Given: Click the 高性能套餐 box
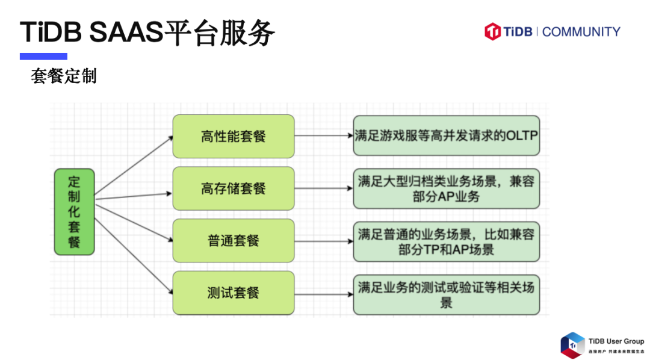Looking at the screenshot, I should click(x=234, y=137).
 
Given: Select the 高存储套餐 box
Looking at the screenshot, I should click(x=234, y=188).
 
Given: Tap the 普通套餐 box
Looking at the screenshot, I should click(x=234, y=241).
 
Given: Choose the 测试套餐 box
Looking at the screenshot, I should click(x=234, y=293).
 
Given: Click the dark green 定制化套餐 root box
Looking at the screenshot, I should click(x=74, y=212).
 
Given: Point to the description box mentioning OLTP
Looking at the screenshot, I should click(x=446, y=136).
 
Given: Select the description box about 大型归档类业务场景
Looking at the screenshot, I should click(x=446, y=188).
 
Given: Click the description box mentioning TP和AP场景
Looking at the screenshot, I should click(x=446, y=241).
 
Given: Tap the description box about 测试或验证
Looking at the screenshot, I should click(x=446, y=293).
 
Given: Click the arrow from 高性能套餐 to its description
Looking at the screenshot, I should click(x=324, y=136).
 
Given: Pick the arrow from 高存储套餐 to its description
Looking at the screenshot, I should click(x=324, y=188).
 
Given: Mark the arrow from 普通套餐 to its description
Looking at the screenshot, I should click(x=324, y=241).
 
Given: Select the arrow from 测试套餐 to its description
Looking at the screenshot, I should click(x=324, y=293).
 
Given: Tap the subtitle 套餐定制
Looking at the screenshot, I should click(x=64, y=77).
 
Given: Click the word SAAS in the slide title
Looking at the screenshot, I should click(x=126, y=32).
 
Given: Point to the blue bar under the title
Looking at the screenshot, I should click(x=43, y=57).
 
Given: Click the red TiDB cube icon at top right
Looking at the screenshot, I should click(x=493, y=31).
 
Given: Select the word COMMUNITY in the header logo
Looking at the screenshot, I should click(x=581, y=32).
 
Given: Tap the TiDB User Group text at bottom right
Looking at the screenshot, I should click(x=616, y=341).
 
